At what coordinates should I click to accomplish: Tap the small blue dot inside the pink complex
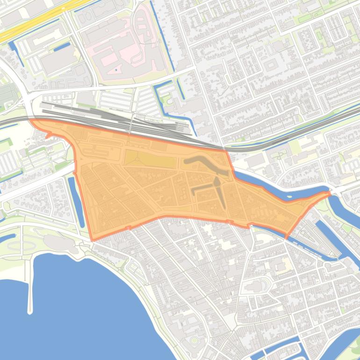pos(115,71)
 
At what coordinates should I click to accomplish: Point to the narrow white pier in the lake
pos(30,290)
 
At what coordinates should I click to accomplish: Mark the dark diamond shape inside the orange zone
pos(217,182)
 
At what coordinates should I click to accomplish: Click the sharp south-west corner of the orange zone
pos(93,240)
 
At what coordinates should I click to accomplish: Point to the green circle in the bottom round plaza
pos(194,340)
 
